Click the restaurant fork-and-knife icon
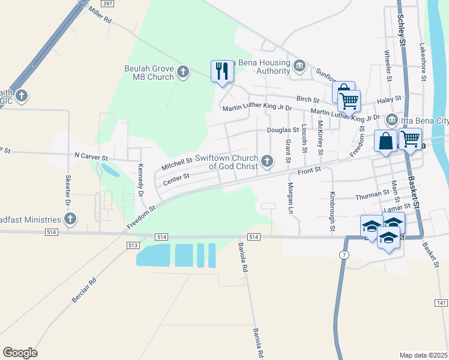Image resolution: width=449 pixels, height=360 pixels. point(222,71)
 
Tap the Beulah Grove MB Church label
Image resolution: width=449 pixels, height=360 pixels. point(148,73)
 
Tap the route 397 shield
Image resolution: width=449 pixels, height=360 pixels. point(107,4)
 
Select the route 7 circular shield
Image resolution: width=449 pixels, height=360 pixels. point(343,255)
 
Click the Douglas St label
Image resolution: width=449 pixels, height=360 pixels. point(283,130)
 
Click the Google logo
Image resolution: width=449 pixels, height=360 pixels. point(20,353)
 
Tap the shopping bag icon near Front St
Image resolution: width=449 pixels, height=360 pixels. point(385,142)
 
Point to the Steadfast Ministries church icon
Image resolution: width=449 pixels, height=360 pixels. point(71,220)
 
